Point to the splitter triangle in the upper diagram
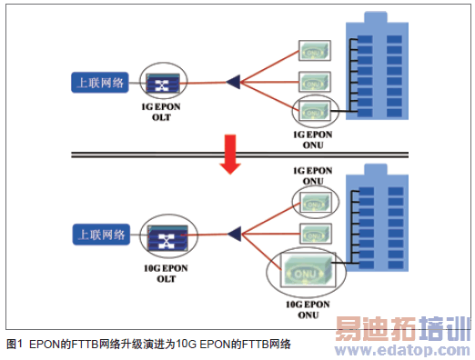click(233, 84)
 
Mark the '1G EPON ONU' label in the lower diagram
click(312, 175)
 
